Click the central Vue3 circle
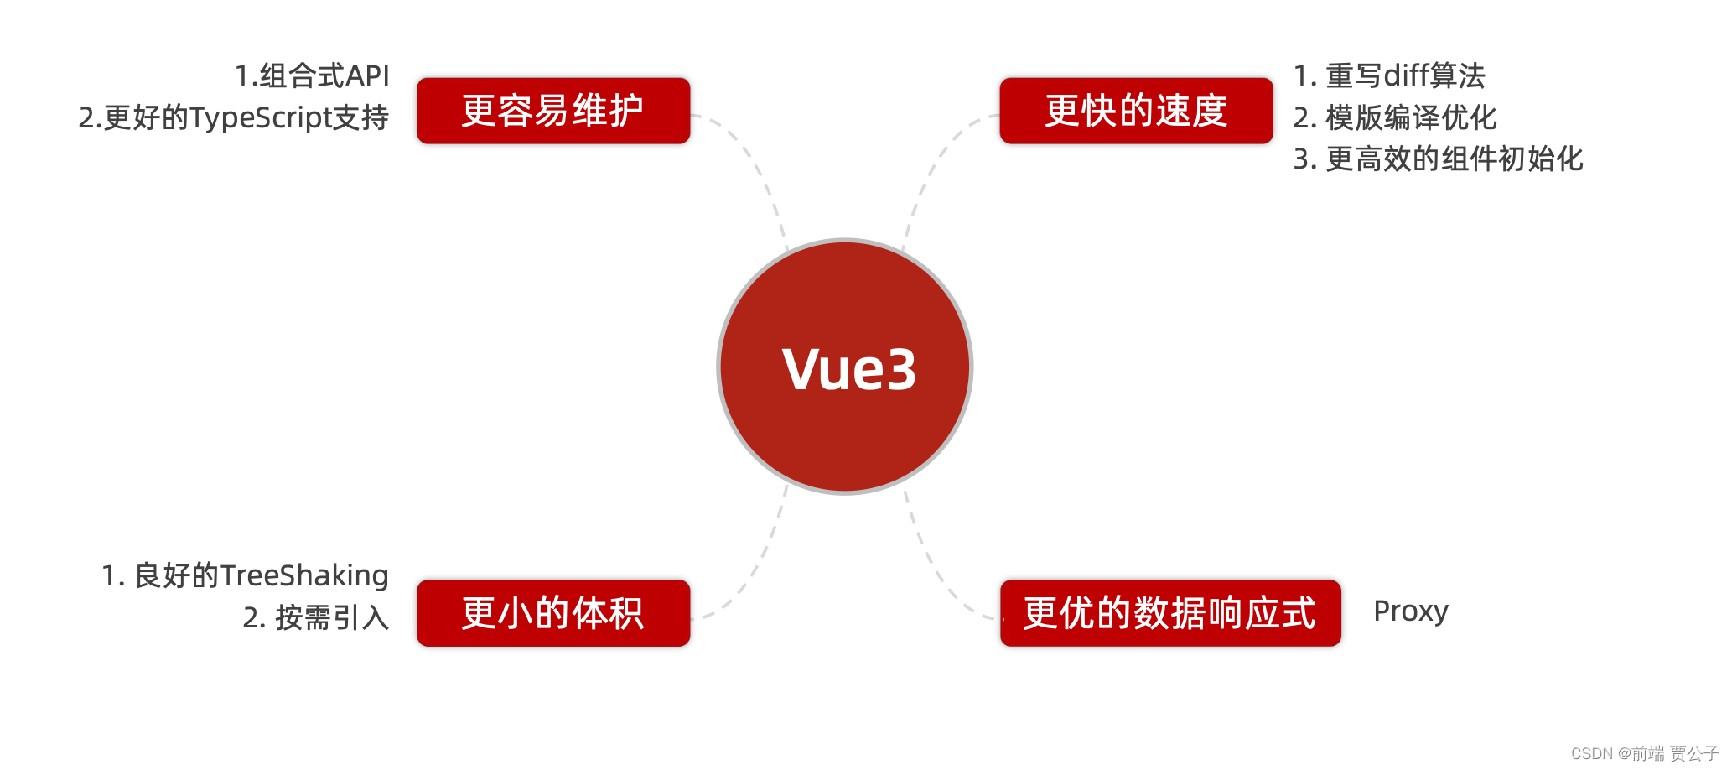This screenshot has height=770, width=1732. tap(845, 367)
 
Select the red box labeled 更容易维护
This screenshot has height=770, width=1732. tap(553, 111)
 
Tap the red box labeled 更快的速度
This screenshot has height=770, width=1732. tap(1136, 111)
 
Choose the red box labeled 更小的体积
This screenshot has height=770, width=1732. tap(553, 612)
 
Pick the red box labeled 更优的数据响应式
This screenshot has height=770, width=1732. tap(1170, 612)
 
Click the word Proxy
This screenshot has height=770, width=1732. tap(1411, 611)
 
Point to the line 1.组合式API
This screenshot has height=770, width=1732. tap(312, 75)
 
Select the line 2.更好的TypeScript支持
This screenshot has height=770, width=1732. tap(233, 117)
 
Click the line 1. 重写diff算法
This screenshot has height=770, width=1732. tap(1389, 75)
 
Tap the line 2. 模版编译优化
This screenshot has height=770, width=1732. tap(1395, 117)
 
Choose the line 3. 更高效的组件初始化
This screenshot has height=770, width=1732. tap(1438, 159)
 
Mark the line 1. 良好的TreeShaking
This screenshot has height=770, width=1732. tap(245, 575)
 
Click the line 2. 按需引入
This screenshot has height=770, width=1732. tap(316, 617)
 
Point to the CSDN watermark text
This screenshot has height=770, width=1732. tap(1644, 753)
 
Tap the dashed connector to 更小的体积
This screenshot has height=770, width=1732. tap(759, 562)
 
